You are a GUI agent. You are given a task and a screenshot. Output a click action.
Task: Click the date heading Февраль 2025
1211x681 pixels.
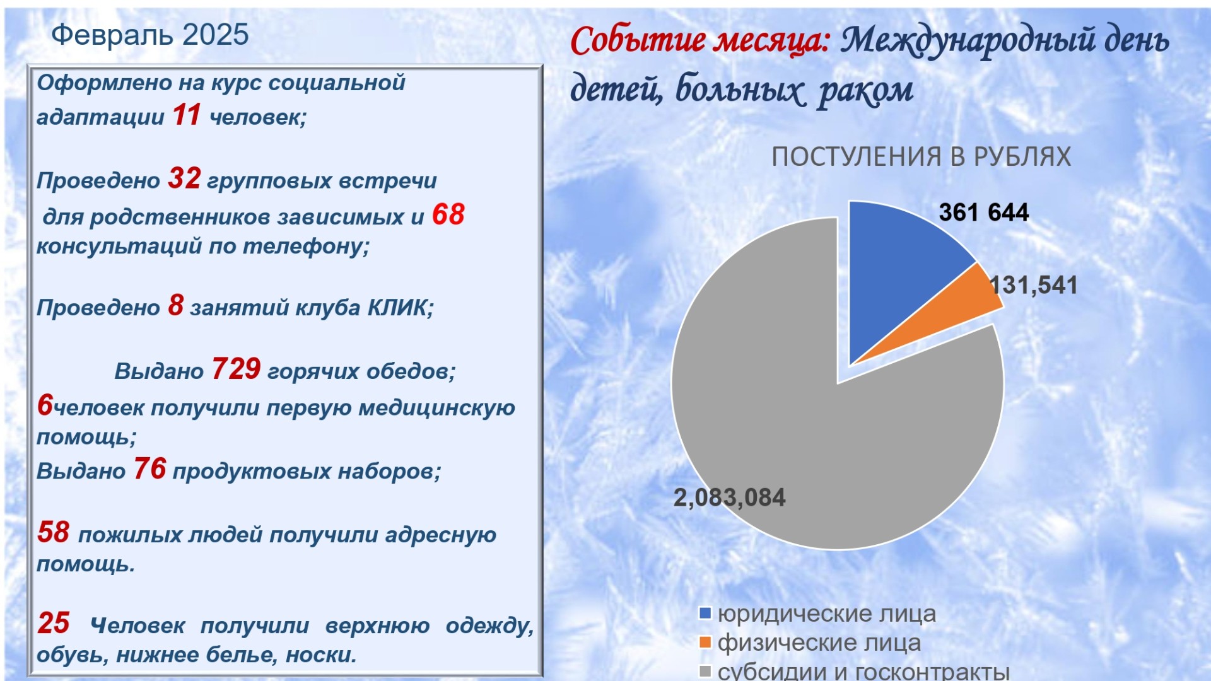tap(150, 35)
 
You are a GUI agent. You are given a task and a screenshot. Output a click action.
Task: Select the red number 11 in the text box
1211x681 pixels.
tap(187, 115)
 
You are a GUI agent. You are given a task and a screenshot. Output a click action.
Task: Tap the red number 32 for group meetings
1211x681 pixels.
tap(184, 178)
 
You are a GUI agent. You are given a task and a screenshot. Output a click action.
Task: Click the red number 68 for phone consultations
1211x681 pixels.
tap(448, 214)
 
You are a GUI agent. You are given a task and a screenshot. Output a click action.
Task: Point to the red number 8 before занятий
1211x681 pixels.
tap(176, 305)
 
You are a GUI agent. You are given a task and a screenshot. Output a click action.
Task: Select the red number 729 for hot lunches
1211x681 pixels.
tap(237, 369)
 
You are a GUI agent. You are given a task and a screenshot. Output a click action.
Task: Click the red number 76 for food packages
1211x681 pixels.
tap(150, 469)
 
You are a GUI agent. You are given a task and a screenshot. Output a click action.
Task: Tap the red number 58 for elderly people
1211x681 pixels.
tap(54, 532)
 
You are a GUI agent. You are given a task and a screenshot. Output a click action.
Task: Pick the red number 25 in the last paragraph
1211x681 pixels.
tap(54, 623)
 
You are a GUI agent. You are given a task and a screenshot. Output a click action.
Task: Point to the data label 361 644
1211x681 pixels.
tap(984, 212)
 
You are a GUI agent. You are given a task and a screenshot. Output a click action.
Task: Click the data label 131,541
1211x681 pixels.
tap(1034, 285)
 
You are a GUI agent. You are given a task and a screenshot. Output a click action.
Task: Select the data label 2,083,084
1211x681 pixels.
tap(730, 498)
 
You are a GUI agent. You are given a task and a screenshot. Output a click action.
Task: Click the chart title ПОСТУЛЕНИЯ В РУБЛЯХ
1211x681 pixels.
tap(921, 157)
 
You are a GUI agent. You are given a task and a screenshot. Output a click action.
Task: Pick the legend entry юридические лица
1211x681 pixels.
tap(818, 614)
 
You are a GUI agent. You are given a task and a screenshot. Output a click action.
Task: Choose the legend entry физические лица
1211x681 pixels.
tap(810, 643)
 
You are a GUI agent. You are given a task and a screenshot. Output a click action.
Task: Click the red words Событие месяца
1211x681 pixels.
tap(700, 40)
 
